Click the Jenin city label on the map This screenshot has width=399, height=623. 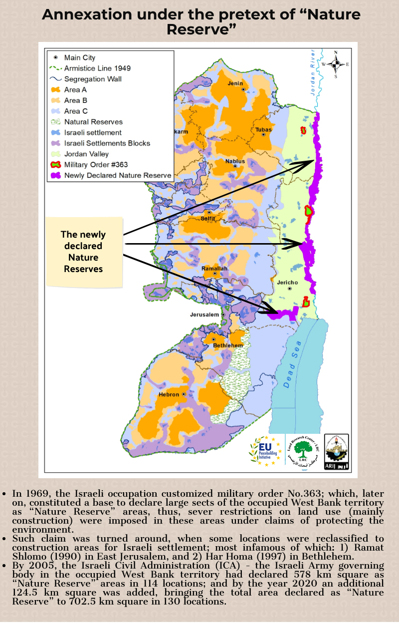coord(235,83)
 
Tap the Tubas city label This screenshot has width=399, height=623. coord(263,129)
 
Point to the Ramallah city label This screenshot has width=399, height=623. coord(214,269)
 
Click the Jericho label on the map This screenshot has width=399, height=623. coord(287,283)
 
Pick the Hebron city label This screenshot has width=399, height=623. coord(169,394)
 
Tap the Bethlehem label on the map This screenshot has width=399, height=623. coord(228,345)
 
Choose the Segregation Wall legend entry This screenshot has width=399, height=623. coord(93,79)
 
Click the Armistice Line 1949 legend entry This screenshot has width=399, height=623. coord(97,68)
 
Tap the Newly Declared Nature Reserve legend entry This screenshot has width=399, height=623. coord(118,176)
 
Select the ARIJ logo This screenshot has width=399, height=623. coord(336,451)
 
